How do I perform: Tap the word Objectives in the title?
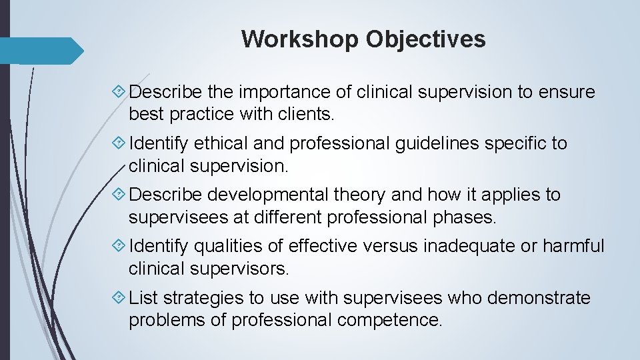point(425,39)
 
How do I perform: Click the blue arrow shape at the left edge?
point(40,51)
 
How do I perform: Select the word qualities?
point(227,246)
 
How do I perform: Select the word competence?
point(389,319)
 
